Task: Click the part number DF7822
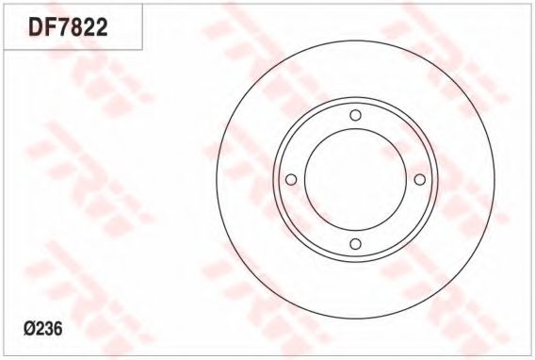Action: (x=68, y=28)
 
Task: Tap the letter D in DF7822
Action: (x=36, y=28)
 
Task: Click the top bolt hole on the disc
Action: (x=355, y=116)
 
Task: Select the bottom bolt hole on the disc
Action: (x=355, y=244)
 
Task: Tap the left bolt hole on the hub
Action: (x=291, y=180)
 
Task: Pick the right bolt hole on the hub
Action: (x=419, y=180)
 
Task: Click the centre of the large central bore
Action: (x=355, y=180)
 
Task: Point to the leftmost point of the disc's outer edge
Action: (x=217, y=180)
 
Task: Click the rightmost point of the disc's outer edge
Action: (x=494, y=180)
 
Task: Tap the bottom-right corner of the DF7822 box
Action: (x=142, y=49)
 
